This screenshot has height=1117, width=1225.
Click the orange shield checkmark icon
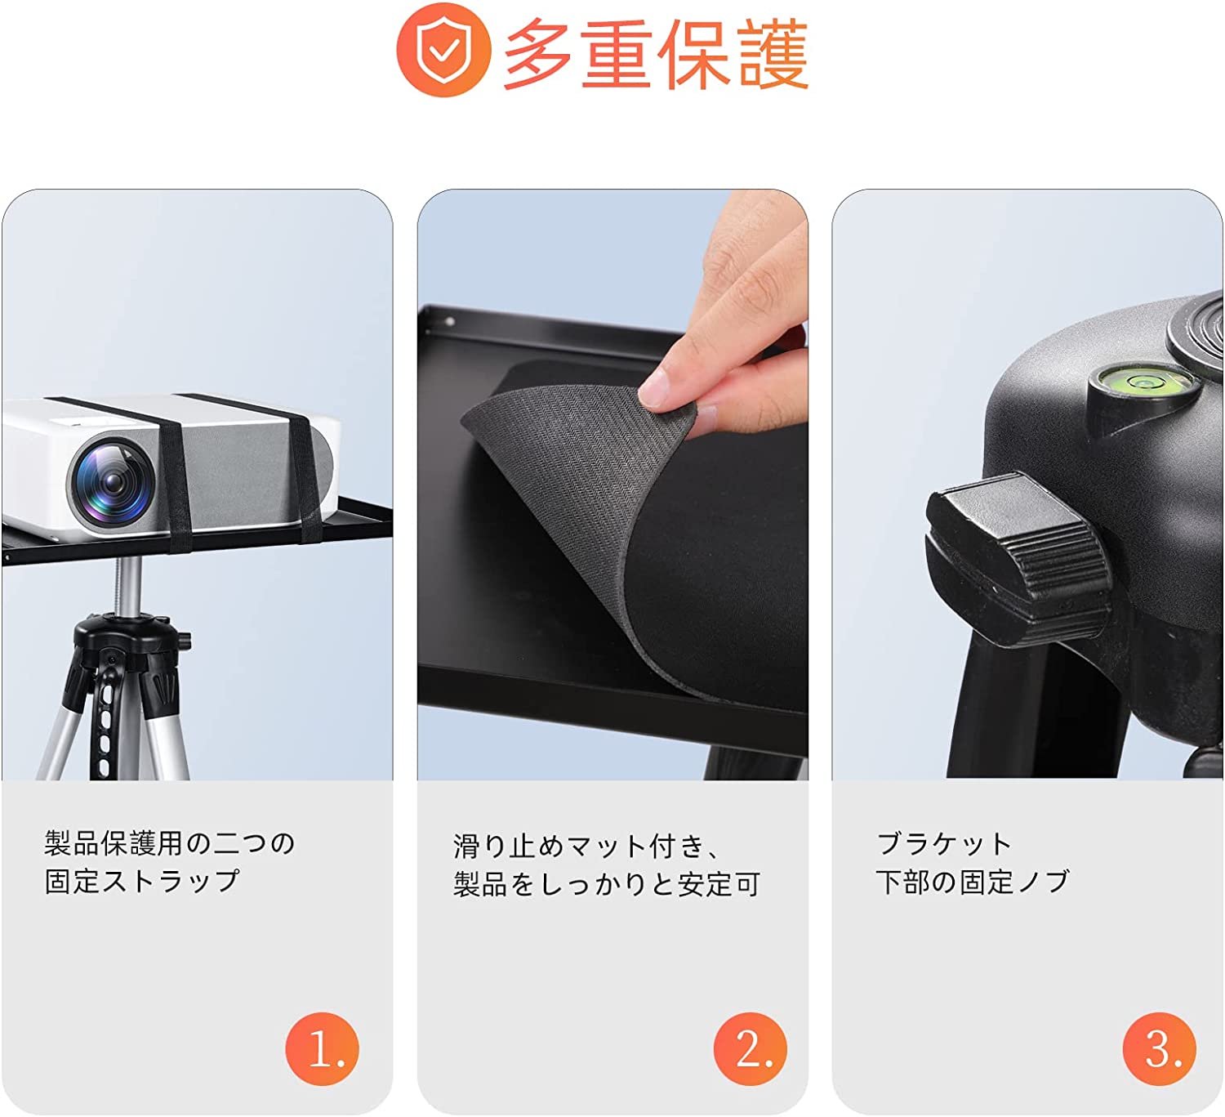pyautogui.click(x=444, y=50)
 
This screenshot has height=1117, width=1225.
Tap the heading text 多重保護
pyautogui.click(x=657, y=53)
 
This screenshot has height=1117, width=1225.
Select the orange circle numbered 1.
pyautogui.click(x=323, y=1048)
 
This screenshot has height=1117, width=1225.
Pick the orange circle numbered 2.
pyautogui.click(x=751, y=1048)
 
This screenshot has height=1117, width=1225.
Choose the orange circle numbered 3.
pyautogui.click(x=1160, y=1048)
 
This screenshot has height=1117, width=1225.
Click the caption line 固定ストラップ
pyautogui.click(x=141, y=881)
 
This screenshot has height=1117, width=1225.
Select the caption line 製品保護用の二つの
pyautogui.click(x=169, y=842)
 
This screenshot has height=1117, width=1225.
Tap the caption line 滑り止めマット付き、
pyautogui.click(x=587, y=847)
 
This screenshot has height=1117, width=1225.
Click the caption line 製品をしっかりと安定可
pyautogui.click(x=607, y=884)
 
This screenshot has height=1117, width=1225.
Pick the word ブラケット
pyautogui.click(x=944, y=844)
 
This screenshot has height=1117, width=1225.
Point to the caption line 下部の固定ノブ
pyautogui.click(x=972, y=882)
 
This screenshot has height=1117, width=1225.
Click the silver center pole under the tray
pyautogui.click(x=130, y=586)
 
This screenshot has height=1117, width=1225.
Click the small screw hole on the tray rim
pyautogui.click(x=450, y=321)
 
